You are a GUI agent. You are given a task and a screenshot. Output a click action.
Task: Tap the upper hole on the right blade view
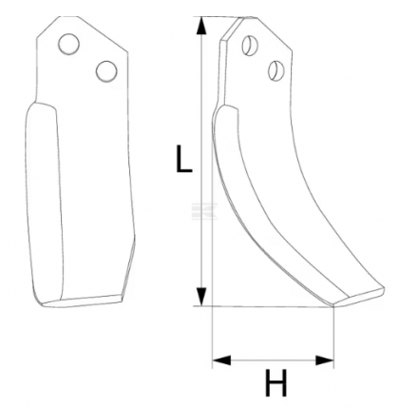pos(250,43)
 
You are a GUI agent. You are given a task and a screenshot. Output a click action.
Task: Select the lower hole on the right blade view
pos(276,68)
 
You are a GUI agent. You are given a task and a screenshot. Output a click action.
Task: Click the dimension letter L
pos(184,159)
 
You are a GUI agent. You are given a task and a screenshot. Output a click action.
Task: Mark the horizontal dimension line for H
pos(274,360)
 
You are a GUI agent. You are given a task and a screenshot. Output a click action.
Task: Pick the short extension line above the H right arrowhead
pos(334,333)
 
